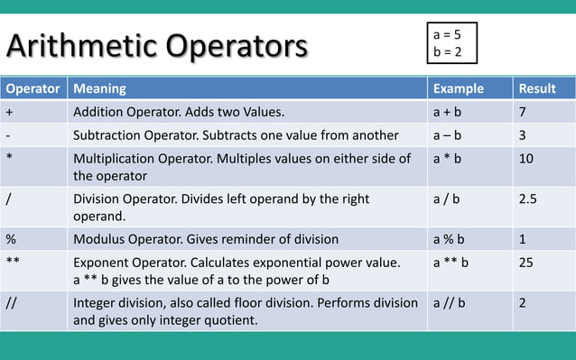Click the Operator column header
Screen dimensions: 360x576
pos(33,89)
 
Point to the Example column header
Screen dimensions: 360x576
pos(459,89)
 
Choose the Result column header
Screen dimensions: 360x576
pos(537,89)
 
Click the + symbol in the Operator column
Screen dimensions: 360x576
pos(9,113)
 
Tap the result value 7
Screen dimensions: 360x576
pos(523,113)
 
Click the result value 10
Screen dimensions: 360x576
pos(526,158)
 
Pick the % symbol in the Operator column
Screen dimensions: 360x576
pos(11,239)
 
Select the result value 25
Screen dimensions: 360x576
pos(526,263)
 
